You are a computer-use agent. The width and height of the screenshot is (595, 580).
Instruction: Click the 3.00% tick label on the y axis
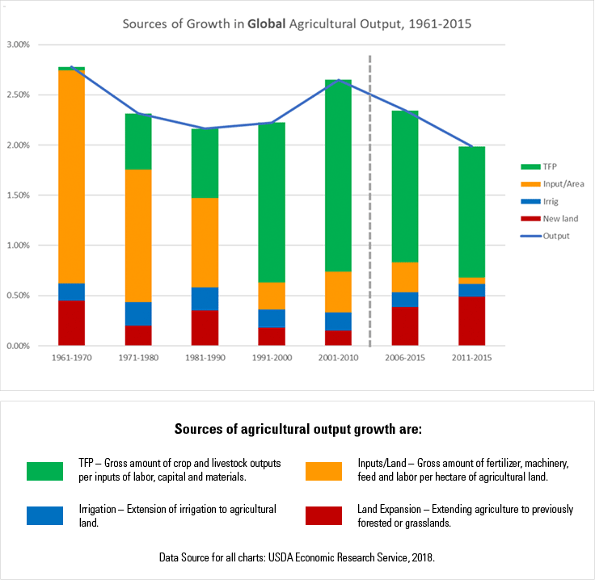coord(18,44)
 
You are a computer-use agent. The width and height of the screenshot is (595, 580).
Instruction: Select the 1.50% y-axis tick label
coord(18,195)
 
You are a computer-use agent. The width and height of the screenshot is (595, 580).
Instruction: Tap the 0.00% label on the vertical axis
coord(18,346)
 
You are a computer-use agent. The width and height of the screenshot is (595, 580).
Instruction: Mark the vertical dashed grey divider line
coord(369,194)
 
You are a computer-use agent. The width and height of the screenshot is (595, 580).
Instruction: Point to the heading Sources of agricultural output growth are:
coord(297,427)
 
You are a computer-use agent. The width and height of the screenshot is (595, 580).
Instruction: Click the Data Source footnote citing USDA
coord(297,557)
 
